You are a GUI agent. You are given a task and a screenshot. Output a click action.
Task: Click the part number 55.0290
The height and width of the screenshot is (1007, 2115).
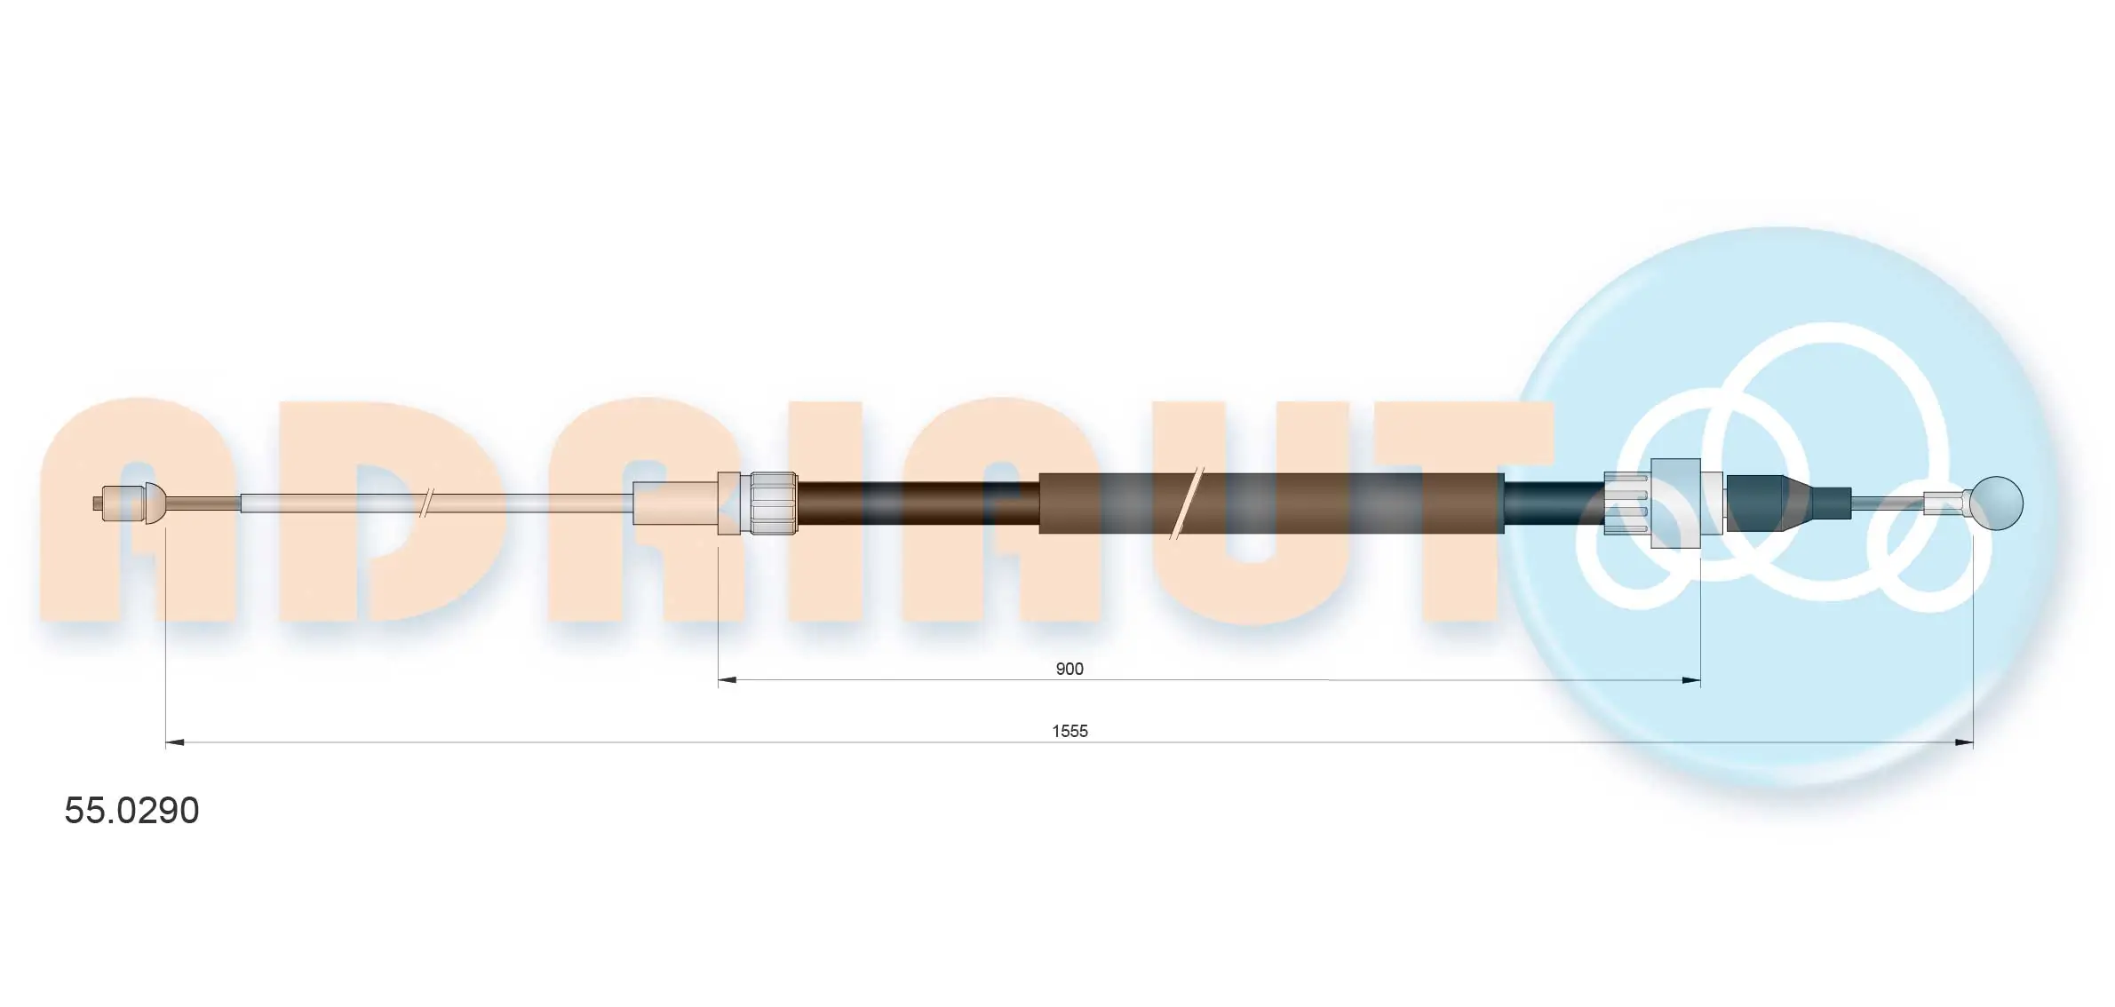tap(131, 811)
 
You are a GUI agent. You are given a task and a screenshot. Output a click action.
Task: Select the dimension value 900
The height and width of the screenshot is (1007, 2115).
tap(1069, 669)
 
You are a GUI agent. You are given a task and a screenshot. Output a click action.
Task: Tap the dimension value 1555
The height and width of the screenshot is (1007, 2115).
tap(1069, 731)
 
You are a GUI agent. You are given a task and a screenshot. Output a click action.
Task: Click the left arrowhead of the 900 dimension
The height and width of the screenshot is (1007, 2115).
tap(728, 681)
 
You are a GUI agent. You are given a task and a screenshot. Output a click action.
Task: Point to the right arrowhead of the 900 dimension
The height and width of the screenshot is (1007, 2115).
tap(1690, 681)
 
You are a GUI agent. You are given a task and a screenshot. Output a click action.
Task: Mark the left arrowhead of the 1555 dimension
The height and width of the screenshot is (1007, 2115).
tap(175, 742)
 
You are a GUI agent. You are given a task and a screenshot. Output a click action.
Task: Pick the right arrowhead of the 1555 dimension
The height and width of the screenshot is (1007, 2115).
tap(1963, 742)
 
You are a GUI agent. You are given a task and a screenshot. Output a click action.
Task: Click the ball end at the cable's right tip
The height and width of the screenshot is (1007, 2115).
tap(1996, 503)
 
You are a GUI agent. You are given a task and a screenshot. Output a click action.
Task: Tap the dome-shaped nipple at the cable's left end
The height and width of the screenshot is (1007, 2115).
tap(155, 503)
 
